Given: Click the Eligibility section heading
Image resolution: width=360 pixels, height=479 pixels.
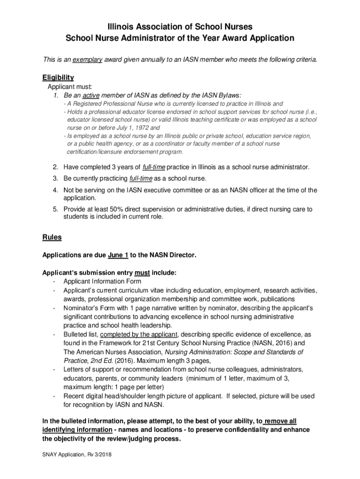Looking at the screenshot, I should coord(58,78).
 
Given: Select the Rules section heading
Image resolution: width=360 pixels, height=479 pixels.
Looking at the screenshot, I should coord(52,237).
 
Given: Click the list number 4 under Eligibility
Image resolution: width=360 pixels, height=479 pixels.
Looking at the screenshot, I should coord(55,190).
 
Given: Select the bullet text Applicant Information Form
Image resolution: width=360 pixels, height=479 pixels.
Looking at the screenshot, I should coord(102,281).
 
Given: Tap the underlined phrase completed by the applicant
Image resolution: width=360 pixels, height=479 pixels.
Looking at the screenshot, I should coord(139,334).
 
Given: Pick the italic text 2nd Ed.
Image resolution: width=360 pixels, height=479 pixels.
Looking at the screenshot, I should coord(102,361).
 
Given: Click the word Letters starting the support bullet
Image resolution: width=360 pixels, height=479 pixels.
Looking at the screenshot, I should coord(74,370).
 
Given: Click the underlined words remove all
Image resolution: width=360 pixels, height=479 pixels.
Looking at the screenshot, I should coord(280,421).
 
